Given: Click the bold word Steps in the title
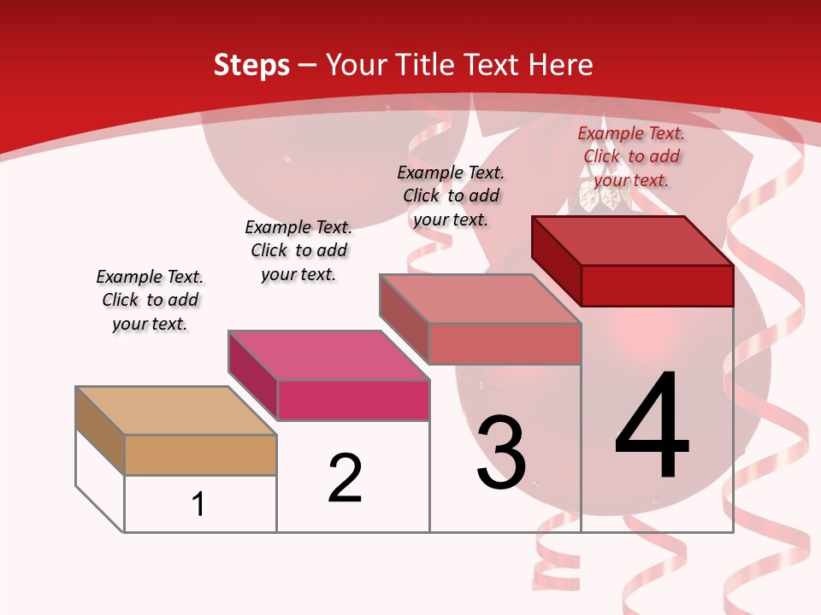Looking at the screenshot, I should [251, 65].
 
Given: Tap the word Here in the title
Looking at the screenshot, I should [560, 65].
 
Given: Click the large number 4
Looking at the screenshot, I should [653, 427].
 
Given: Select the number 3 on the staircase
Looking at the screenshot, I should [501, 453].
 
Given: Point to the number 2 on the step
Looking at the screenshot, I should [346, 478].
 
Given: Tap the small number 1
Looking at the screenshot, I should [198, 504].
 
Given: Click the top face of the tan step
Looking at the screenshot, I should [175, 411].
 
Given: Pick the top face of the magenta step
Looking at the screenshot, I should [328, 355].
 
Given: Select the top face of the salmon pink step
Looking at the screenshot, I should [481, 299].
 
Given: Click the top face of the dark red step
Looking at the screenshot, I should [633, 241].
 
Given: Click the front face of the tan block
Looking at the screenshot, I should [200, 454].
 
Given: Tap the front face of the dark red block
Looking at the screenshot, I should [657, 285].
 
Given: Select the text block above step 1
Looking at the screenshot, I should [150, 300].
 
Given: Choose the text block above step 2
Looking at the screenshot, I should [298, 250].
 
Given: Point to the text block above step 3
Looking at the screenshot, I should [451, 196].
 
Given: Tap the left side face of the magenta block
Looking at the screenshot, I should [253, 375].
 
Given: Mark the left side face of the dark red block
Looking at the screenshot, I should [557, 260].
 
